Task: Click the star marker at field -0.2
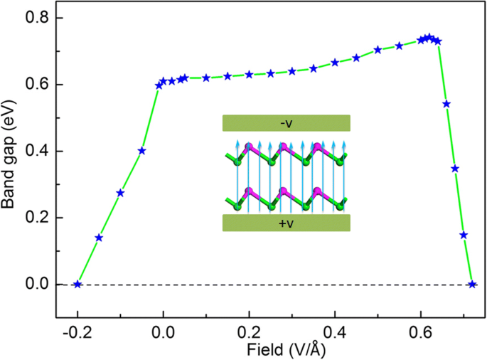(77, 285)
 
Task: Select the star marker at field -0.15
(99, 238)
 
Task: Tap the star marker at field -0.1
(120, 193)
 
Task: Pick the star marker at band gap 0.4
(142, 151)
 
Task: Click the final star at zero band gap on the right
(472, 285)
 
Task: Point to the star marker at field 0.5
(378, 50)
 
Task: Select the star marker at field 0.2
(249, 74)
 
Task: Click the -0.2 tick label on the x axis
(76, 332)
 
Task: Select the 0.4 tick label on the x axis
(335, 332)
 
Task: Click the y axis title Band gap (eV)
(11, 151)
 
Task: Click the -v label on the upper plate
(287, 123)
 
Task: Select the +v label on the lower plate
(287, 223)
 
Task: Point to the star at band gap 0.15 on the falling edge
(464, 235)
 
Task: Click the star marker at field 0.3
(292, 71)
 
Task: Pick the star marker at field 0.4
(335, 63)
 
